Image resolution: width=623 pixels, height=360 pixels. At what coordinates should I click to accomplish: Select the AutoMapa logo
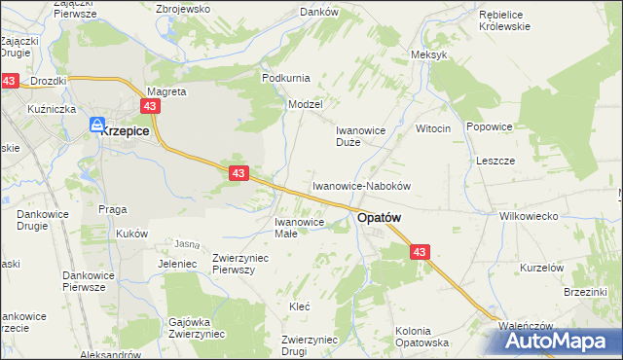coord(565,341)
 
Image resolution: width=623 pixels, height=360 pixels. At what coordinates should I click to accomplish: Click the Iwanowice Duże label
coord(361,135)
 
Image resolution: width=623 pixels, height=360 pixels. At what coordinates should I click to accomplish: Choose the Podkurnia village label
coord(284,78)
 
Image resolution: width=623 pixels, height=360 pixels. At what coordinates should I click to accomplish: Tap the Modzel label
coord(305,103)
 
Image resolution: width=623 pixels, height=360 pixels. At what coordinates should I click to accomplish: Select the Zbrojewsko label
coord(183,9)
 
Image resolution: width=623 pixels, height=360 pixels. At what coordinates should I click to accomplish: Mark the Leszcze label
coord(495,161)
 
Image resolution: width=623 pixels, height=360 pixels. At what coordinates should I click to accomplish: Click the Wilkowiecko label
coord(526,216)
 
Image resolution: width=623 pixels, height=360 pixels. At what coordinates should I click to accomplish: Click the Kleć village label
coord(300,306)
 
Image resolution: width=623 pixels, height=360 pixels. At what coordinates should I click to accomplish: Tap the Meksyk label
coord(429,54)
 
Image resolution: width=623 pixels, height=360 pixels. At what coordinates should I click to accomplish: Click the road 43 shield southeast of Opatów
coord(420,252)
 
